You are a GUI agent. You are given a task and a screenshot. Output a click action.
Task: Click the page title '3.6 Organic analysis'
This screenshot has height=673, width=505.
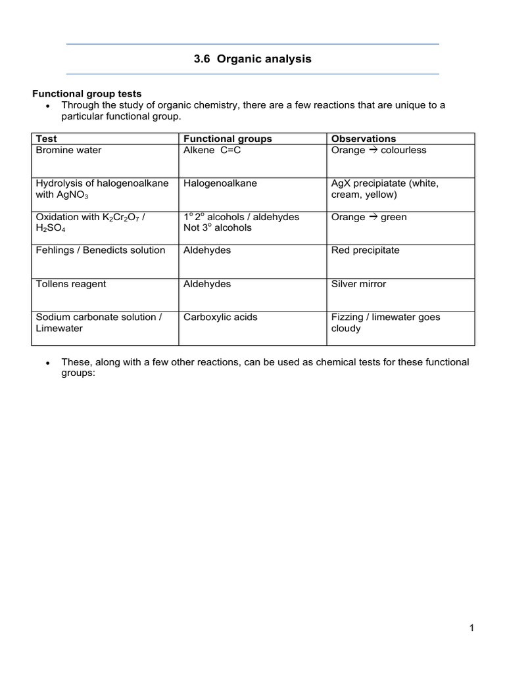tap(252, 59)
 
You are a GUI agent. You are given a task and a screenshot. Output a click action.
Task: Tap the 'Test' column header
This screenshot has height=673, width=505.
tap(47, 139)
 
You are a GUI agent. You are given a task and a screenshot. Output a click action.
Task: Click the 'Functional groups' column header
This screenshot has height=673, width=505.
tap(228, 139)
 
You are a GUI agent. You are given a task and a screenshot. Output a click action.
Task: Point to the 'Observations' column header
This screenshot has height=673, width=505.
tap(364, 139)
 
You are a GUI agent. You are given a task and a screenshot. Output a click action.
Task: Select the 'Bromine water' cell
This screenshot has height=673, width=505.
tap(69, 151)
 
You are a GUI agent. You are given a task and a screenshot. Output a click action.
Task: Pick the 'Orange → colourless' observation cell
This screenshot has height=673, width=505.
tap(379, 151)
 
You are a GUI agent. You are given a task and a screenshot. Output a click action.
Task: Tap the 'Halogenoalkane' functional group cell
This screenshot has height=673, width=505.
tap(220, 184)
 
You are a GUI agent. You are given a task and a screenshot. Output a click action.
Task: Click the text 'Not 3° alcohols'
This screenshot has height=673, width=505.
tap(218, 228)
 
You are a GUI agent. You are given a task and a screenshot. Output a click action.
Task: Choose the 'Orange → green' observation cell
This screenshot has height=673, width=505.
tap(369, 218)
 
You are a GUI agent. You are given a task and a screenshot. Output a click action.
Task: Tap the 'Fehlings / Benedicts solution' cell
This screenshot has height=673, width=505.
tap(101, 250)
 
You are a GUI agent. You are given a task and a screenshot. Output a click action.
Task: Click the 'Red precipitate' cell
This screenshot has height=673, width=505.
tap(365, 250)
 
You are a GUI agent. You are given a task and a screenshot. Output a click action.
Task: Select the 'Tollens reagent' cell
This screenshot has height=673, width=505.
tap(71, 284)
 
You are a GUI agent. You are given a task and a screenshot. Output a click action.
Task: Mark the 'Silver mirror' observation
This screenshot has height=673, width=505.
tap(359, 284)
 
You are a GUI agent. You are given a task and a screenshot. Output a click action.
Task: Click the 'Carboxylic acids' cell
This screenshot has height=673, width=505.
tap(220, 317)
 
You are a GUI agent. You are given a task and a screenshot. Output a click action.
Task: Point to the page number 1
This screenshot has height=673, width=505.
tap(471, 628)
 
